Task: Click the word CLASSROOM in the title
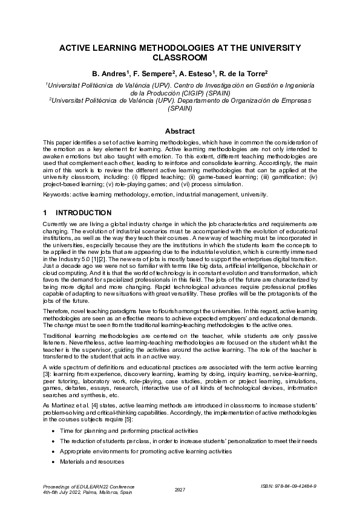pyautogui.click(x=180, y=58)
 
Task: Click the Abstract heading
pyautogui.click(x=180, y=131)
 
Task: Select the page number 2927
pyautogui.click(x=180, y=490)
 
